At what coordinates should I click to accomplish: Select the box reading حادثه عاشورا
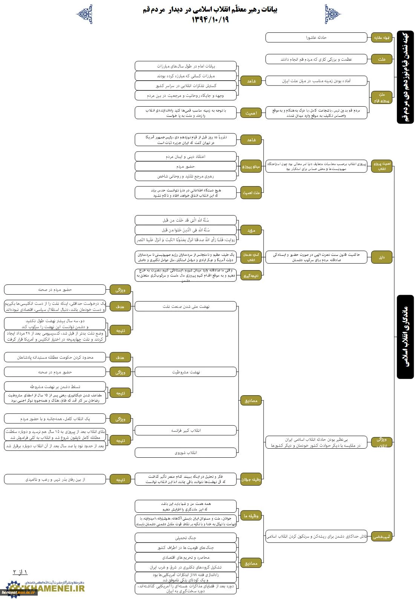[x=316, y=37]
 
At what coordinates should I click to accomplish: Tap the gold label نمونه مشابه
[x=382, y=37]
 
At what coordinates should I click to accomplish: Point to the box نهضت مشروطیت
[x=186, y=372]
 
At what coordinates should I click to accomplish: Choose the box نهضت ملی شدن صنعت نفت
[x=186, y=306]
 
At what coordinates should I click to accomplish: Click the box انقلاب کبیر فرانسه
[x=186, y=430]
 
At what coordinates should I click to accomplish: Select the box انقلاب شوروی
[x=186, y=452]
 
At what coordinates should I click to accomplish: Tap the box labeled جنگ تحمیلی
[x=186, y=538]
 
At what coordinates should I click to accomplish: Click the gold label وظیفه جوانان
[x=251, y=480]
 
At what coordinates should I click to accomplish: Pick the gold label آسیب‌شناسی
[x=382, y=537]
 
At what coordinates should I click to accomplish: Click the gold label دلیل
[x=382, y=257]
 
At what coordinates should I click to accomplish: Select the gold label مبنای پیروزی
[x=251, y=166]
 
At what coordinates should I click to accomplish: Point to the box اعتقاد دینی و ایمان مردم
[x=186, y=156]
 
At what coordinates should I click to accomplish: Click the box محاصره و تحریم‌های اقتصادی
[x=186, y=557]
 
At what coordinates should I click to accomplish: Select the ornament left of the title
[x=84, y=14]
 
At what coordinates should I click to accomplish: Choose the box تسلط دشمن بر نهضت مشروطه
[x=55, y=387]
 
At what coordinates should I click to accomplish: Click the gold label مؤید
[x=251, y=230]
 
